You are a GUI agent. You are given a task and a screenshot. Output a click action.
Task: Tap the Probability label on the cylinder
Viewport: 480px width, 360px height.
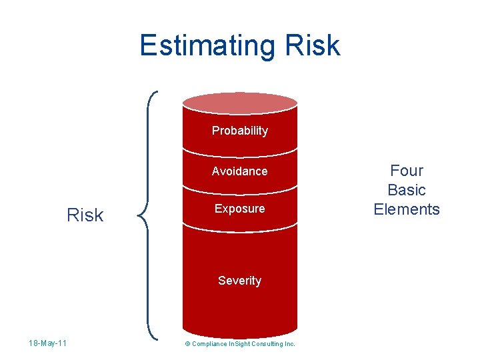click(x=239, y=131)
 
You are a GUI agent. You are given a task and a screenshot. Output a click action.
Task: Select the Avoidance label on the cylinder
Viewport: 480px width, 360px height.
click(x=239, y=171)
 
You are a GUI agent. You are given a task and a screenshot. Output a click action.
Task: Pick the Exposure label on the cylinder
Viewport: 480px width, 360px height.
click(x=239, y=209)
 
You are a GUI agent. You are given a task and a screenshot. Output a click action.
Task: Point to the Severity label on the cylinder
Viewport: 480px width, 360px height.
click(x=239, y=281)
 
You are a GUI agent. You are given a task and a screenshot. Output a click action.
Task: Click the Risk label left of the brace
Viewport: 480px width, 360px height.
click(x=85, y=215)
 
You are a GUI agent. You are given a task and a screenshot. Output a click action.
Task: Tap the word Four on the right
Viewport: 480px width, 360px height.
click(x=407, y=171)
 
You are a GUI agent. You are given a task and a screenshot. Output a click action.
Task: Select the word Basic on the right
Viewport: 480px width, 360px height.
click(x=407, y=190)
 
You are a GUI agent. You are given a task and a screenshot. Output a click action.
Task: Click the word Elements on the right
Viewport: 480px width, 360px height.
click(x=407, y=209)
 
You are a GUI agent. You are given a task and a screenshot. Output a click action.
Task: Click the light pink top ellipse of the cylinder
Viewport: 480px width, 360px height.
click(x=239, y=103)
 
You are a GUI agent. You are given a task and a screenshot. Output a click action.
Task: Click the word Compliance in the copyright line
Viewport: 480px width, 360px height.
click(x=209, y=344)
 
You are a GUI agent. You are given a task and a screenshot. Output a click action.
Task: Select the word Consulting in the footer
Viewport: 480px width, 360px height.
click(x=267, y=344)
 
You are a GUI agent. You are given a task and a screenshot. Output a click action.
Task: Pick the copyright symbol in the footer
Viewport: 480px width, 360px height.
click(x=187, y=344)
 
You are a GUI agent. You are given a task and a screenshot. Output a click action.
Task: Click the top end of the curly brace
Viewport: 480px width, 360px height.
click(x=157, y=92)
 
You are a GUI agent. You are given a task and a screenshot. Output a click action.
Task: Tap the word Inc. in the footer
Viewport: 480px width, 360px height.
click(x=289, y=344)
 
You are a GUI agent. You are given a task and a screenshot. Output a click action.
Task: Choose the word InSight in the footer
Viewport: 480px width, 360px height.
click(x=239, y=344)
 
